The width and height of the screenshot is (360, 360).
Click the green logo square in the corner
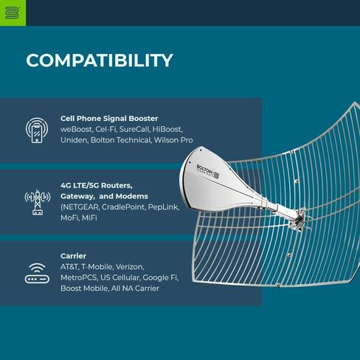tap(13, 13)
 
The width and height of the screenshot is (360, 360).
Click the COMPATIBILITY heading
tap(100, 60)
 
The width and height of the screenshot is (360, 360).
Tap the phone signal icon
tap(37, 131)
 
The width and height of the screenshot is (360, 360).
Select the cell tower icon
tap(38, 202)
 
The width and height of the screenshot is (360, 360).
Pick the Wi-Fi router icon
tap(37, 273)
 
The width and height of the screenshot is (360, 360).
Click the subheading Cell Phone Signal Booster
tap(109, 119)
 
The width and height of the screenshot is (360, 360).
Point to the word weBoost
tap(77, 129)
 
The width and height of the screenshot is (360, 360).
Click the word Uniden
tap(74, 140)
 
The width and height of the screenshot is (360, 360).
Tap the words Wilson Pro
tap(173, 140)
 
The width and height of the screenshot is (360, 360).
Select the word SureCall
tap(134, 129)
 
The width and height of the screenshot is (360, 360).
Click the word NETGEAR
tap(80, 207)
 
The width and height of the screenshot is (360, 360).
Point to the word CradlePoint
tap(123, 207)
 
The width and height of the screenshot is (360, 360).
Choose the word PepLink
tap(163, 207)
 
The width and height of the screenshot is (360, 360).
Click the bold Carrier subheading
tap(73, 256)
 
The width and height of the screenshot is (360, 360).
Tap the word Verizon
tap(130, 267)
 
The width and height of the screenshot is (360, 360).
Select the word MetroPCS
tap(78, 277)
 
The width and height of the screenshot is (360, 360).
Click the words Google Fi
tap(160, 278)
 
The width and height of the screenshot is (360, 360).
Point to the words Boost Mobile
tap(84, 288)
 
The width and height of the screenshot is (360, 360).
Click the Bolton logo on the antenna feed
tap(208, 171)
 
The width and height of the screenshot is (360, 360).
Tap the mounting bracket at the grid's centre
tap(298, 220)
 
